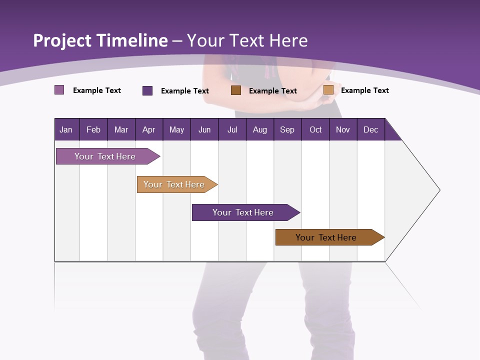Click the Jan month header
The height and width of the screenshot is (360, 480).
(x=66, y=129)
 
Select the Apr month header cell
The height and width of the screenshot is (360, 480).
(x=149, y=129)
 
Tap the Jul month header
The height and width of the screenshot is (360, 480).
(x=232, y=129)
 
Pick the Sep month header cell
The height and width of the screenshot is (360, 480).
(x=287, y=129)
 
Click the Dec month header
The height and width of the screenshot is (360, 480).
(x=370, y=129)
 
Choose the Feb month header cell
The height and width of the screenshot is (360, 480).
(x=93, y=129)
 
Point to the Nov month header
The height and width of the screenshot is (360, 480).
(x=343, y=129)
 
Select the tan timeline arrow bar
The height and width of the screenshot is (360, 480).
(x=175, y=184)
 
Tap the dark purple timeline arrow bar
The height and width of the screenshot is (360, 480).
(x=244, y=212)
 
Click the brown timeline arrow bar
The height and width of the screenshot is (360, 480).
(x=328, y=237)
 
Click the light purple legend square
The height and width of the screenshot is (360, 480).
(x=59, y=90)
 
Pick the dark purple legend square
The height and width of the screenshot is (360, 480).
(x=147, y=90)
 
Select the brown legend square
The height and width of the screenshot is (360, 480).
(x=236, y=90)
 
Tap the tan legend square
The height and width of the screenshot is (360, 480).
(x=328, y=90)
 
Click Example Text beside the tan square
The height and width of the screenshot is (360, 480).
(x=365, y=90)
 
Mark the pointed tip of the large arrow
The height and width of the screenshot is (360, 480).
(x=439, y=190)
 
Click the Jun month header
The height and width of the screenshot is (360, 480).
(x=204, y=129)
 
